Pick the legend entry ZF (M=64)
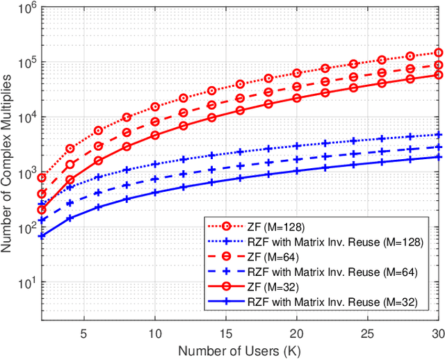click(267, 256)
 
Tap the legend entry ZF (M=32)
click(267, 286)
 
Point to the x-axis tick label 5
click(83, 332)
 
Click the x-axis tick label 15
click(225, 332)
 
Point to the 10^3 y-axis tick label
click(26, 172)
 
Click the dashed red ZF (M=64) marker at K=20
click(297, 86)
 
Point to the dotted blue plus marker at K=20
click(297, 146)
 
